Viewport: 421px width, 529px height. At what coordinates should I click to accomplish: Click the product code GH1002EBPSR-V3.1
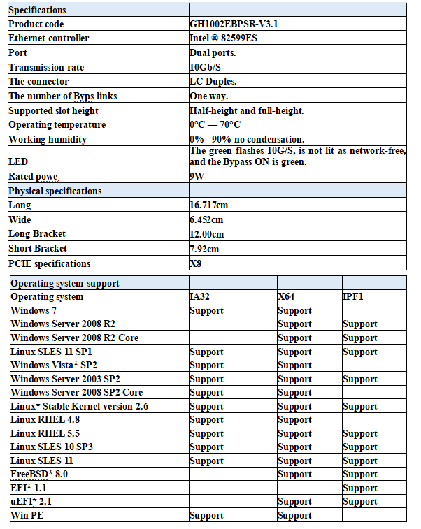(x=229, y=24)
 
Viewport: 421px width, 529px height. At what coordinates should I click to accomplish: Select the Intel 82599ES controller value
(x=223, y=38)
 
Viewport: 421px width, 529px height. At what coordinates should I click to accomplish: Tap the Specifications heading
(x=38, y=10)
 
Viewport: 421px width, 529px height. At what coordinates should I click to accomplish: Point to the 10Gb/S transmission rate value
(x=207, y=67)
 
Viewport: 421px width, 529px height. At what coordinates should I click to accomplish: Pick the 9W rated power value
(x=197, y=177)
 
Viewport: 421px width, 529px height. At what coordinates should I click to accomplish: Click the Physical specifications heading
(x=55, y=191)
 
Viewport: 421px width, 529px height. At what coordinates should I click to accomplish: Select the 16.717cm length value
(x=209, y=205)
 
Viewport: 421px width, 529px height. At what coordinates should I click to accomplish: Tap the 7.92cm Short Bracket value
(x=204, y=249)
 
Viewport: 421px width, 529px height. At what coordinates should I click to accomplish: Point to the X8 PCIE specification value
(x=197, y=263)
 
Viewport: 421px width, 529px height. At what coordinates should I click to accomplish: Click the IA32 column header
(x=200, y=296)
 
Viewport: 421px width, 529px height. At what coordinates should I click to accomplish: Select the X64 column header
(x=287, y=296)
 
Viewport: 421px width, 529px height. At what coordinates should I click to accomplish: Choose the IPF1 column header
(x=353, y=296)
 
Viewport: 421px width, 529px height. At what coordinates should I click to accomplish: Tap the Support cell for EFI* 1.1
(x=360, y=488)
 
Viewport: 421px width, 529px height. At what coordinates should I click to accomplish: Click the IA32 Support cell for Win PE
(x=207, y=515)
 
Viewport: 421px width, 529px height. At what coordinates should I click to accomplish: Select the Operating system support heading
(x=65, y=283)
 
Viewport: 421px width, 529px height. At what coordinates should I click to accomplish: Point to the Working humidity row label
(x=48, y=139)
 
